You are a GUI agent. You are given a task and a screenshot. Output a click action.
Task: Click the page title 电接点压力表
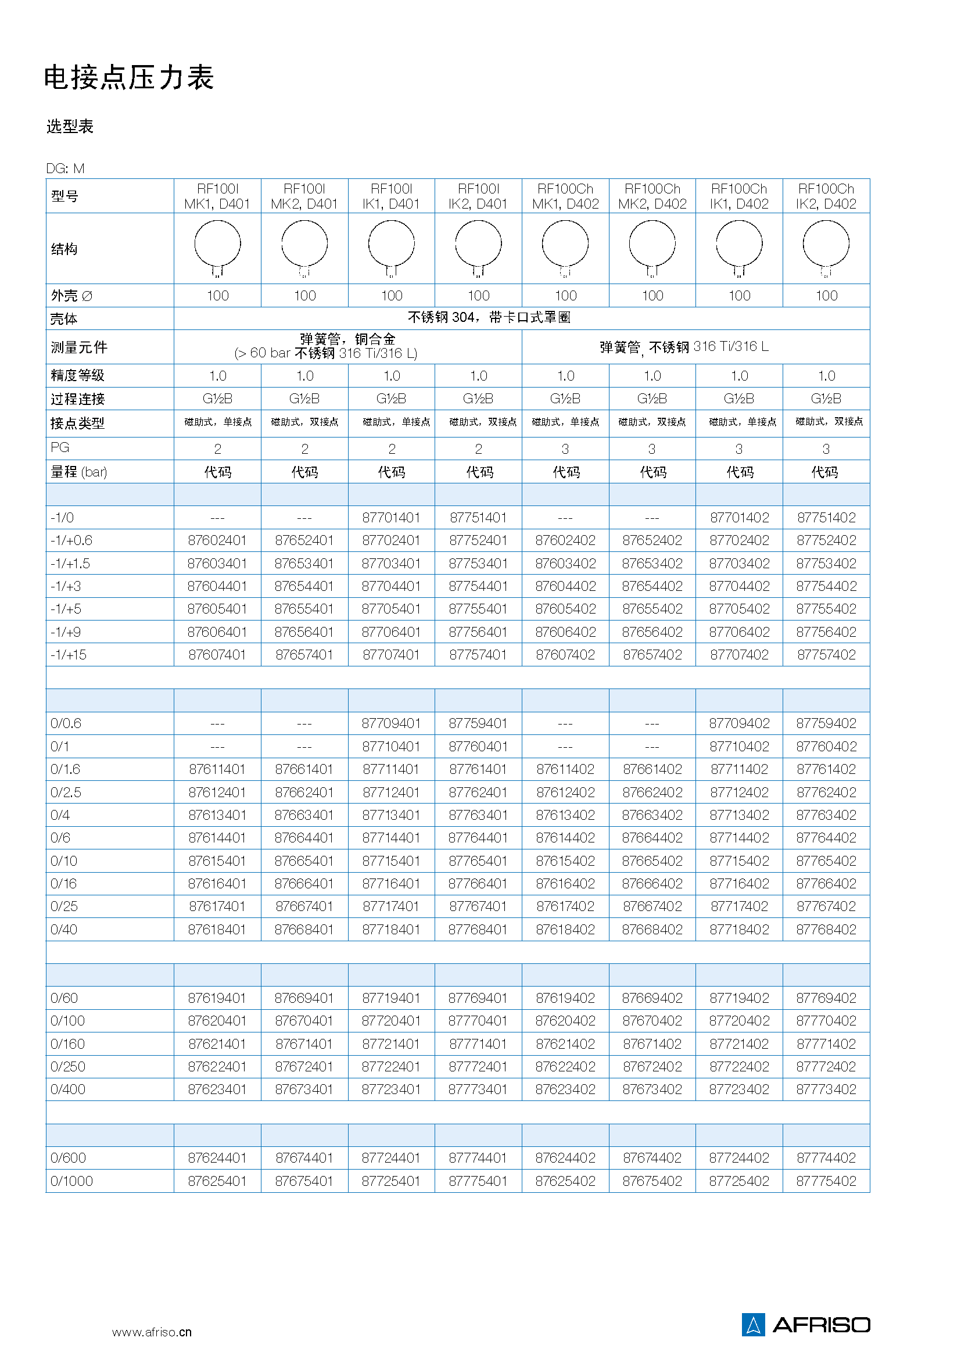click(128, 77)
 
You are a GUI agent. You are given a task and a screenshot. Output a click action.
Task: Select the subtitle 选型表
click(70, 126)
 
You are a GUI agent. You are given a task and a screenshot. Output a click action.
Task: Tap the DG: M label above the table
click(65, 168)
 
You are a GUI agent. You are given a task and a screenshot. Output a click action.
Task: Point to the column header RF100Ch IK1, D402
click(738, 196)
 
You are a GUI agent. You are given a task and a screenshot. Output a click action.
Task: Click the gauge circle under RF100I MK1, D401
click(217, 245)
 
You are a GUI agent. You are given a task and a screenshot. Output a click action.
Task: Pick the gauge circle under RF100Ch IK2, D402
click(826, 245)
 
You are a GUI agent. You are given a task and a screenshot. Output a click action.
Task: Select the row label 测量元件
click(78, 347)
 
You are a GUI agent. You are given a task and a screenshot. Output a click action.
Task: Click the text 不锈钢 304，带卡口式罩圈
click(489, 318)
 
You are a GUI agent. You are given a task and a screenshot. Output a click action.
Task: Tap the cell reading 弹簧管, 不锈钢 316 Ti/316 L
click(683, 347)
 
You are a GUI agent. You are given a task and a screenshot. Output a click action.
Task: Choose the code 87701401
click(391, 518)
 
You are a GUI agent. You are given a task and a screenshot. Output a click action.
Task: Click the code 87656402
click(651, 632)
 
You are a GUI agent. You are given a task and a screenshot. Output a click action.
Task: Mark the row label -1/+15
click(69, 655)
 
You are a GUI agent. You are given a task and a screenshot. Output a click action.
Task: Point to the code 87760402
click(826, 747)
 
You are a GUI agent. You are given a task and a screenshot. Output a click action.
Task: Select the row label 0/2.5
click(66, 793)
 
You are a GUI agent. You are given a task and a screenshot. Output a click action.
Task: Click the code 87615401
click(217, 861)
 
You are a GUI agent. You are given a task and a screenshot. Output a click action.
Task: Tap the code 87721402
click(739, 1044)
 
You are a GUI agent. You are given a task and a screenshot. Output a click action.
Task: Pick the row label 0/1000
click(71, 1181)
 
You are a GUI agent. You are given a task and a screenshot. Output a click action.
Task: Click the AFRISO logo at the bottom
click(805, 1325)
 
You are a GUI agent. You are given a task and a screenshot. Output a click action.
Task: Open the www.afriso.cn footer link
click(152, 1332)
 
